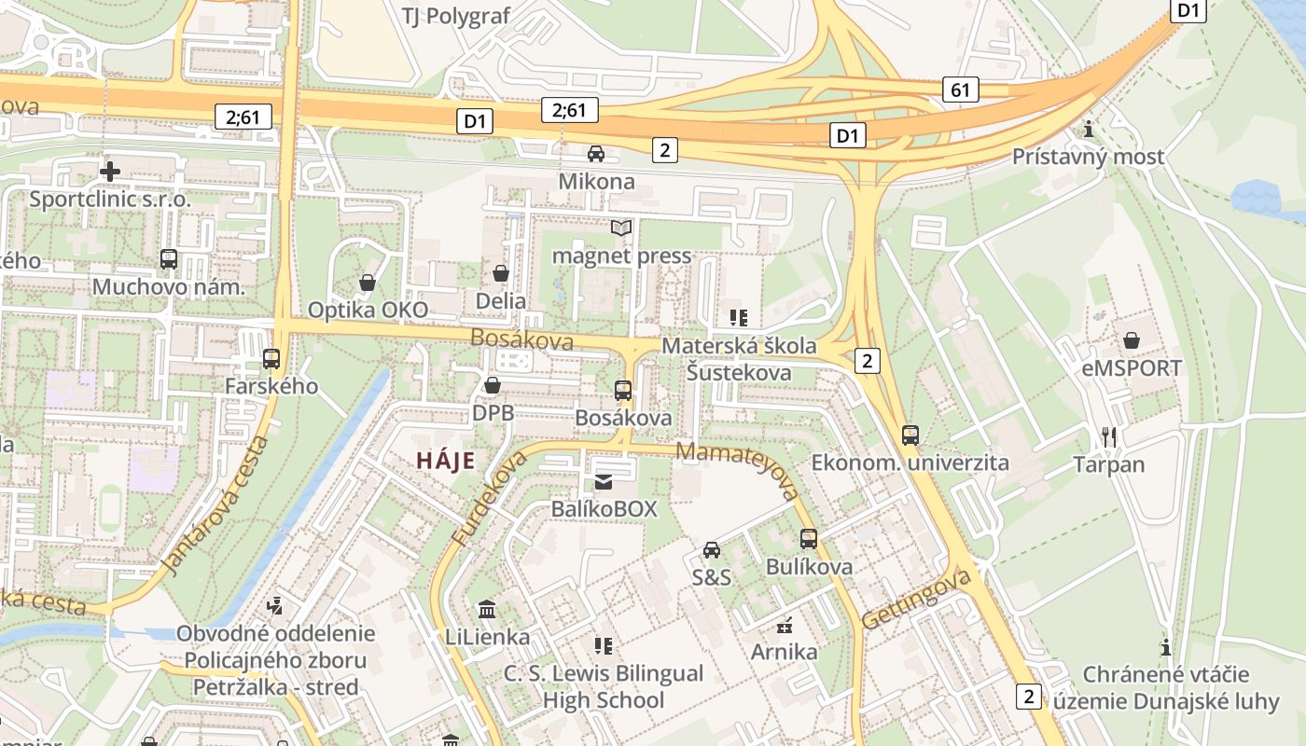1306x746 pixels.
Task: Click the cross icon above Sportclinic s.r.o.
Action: pyautogui.click(x=110, y=171)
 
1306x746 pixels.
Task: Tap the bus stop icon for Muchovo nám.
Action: pyautogui.click(x=169, y=259)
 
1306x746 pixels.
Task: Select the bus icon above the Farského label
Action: pyautogui.click(x=271, y=358)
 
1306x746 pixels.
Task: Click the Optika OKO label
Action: pyautogui.click(x=368, y=310)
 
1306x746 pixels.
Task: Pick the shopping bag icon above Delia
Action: pyautogui.click(x=501, y=273)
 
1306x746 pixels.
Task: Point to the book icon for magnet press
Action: pyautogui.click(x=621, y=228)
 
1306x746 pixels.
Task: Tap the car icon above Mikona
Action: pyautogui.click(x=596, y=154)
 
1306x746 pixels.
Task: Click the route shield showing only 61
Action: pyautogui.click(x=961, y=90)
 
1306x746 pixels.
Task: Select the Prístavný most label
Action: pyautogui.click(x=1089, y=157)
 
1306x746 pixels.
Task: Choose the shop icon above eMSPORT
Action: pyautogui.click(x=1132, y=340)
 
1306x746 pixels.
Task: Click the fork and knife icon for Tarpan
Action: pyautogui.click(x=1108, y=436)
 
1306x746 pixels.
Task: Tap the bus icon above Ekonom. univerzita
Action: pyautogui.click(x=910, y=435)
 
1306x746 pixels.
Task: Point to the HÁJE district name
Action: pyautogui.click(x=445, y=461)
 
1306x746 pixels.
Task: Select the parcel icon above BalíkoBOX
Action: pyautogui.click(x=604, y=481)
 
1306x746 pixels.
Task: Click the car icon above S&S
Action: pyautogui.click(x=712, y=549)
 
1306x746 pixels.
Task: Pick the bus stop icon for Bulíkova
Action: pyautogui.click(x=809, y=539)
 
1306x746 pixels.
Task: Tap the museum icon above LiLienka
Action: pyautogui.click(x=487, y=610)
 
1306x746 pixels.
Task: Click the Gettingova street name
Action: pyautogui.click(x=917, y=599)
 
